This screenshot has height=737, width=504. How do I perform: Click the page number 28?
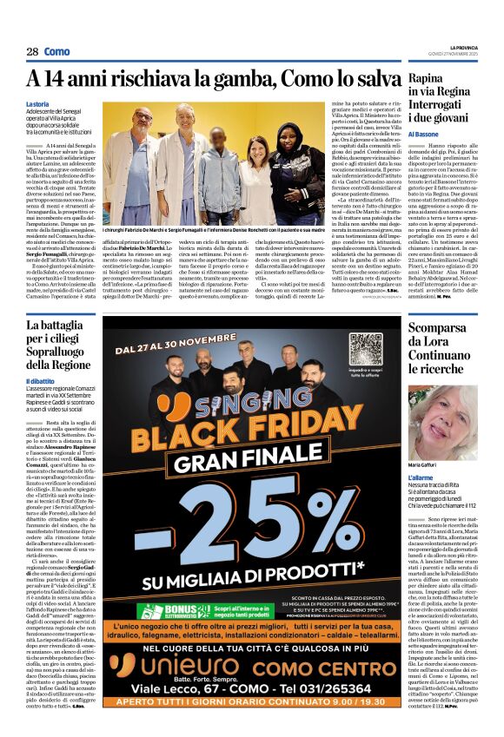click(31, 52)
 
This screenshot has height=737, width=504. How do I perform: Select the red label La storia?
click(38, 103)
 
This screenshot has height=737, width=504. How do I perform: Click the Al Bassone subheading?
click(427, 135)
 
